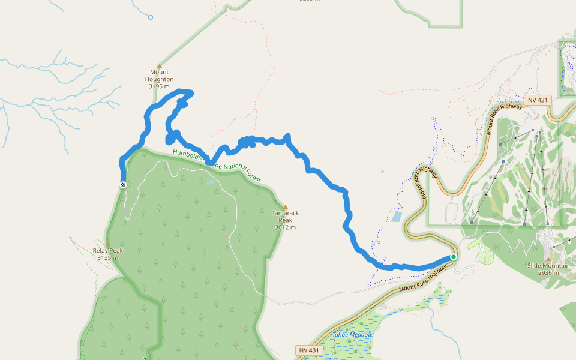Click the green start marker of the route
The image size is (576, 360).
pyautogui.click(x=453, y=257)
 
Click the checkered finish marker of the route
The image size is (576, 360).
pyautogui.click(x=123, y=185)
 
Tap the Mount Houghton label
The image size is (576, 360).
pyautogui.click(x=159, y=76)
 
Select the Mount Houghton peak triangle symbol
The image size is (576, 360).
pyautogui.click(x=159, y=65)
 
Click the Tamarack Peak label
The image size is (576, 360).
pyautogui.click(x=285, y=217)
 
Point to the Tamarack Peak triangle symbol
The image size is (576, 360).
pyautogui.click(x=285, y=206)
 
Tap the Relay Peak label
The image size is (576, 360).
pyautogui.click(x=108, y=251)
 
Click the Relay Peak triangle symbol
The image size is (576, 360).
pyautogui.click(x=108, y=244)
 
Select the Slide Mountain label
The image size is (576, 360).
pyautogui.click(x=548, y=265)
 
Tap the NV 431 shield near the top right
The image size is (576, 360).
pyautogui.click(x=536, y=100)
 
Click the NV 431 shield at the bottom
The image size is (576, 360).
pyautogui.click(x=310, y=350)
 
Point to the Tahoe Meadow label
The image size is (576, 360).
pyautogui.click(x=353, y=334)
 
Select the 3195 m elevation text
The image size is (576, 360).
pyautogui.click(x=159, y=86)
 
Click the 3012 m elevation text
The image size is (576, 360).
pyautogui.click(x=285, y=227)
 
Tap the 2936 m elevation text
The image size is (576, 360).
pyautogui.click(x=548, y=272)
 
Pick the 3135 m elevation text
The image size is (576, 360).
pyautogui.click(x=108, y=258)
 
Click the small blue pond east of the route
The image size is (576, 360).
pyautogui.click(x=397, y=216)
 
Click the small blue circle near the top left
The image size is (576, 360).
pyautogui.click(x=151, y=17)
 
